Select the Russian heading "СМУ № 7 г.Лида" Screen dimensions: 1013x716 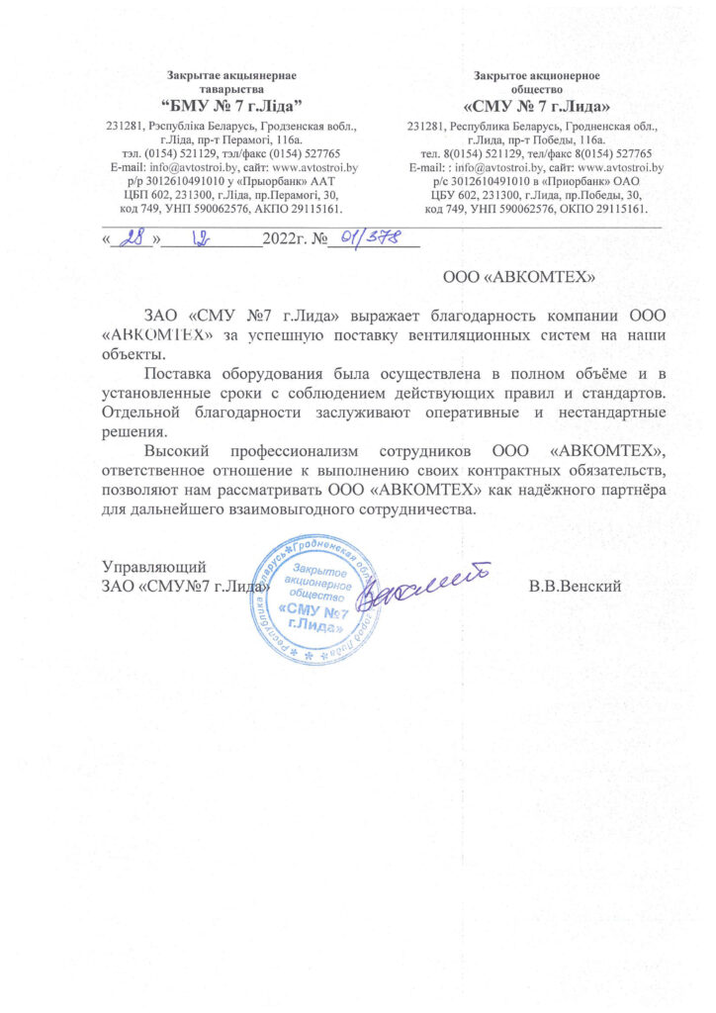point(535,105)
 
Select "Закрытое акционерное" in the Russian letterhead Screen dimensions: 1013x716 point(535,75)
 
